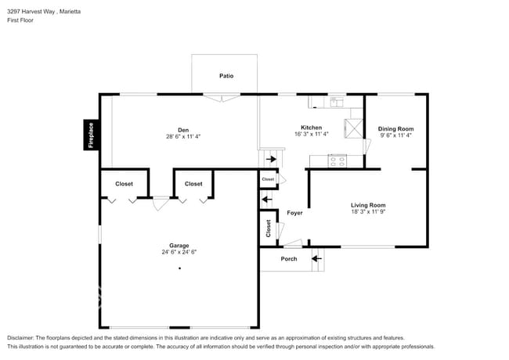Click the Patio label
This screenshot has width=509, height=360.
click(226, 76)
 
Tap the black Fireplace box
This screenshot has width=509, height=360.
click(91, 135)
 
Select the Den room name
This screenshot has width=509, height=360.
click(182, 130)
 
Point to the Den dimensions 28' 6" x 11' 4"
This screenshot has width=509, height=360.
click(182, 137)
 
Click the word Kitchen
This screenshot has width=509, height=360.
click(311, 128)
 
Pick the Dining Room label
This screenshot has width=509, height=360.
click(395, 128)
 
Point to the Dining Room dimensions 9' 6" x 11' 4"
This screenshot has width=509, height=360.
click(395, 135)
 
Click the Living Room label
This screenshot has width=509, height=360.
click(367, 205)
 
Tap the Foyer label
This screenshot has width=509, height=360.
click(294, 213)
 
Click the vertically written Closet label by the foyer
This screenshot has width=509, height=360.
click(268, 228)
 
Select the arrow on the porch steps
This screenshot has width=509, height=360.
click(316, 258)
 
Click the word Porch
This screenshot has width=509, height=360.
click(289, 259)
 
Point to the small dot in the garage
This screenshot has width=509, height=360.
click(179, 268)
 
